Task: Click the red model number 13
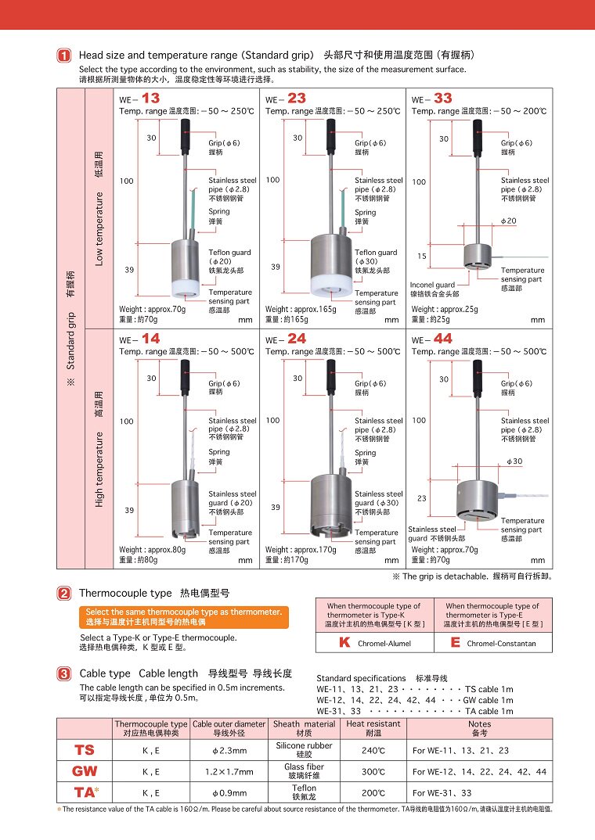(150, 98)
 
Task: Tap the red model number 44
(443, 339)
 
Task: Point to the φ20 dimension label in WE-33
(508, 221)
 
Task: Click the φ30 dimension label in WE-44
(514, 461)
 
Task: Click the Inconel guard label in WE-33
(433, 285)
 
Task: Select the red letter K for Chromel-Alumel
(344, 642)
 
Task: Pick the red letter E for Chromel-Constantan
(455, 642)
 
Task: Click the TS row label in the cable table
(84, 750)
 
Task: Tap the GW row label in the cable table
(84, 771)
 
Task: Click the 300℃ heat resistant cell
(373, 772)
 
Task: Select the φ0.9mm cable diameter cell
(229, 793)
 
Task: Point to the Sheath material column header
(304, 728)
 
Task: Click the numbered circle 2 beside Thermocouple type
(64, 593)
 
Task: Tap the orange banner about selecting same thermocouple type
(184, 616)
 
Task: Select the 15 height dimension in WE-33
(422, 256)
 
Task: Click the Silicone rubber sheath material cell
(304, 749)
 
